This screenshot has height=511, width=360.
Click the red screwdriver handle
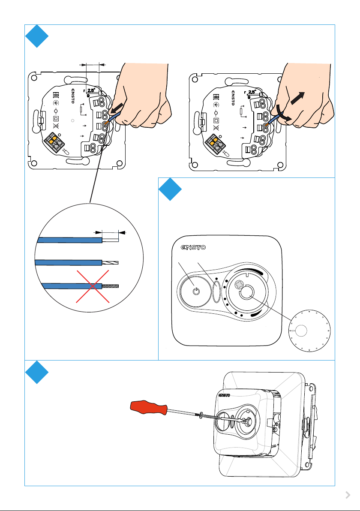pyautogui.click(x=149, y=407)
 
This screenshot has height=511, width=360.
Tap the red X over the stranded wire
pyautogui.click(x=93, y=286)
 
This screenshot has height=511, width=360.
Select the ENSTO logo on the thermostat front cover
pyautogui.click(x=193, y=247)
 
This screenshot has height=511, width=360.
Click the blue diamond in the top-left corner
pyautogui.click(x=37, y=36)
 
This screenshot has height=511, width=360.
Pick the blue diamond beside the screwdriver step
pyautogui.click(x=37, y=372)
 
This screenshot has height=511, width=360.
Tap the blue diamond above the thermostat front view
pyautogui.click(x=170, y=189)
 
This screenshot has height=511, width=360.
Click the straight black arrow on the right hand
pyautogui.click(x=297, y=98)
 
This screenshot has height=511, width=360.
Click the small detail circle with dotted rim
pyautogui.click(x=309, y=331)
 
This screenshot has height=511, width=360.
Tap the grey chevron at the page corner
pyautogui.click(x=348, y=495)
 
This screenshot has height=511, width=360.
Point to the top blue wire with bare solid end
pyautogui.click(x=78, y=240)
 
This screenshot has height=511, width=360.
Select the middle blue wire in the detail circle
pyautogui.click(x=77, y=262)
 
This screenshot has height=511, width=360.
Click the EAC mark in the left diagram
pyautogui.click(x=55, y=96)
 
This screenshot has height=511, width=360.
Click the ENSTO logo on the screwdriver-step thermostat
pyautogui.click(x=224, y=395)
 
